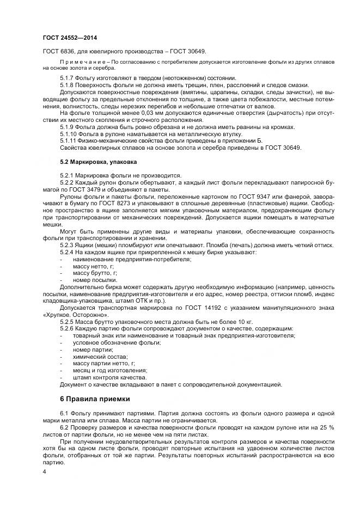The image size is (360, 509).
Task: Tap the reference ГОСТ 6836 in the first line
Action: [56, 51]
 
